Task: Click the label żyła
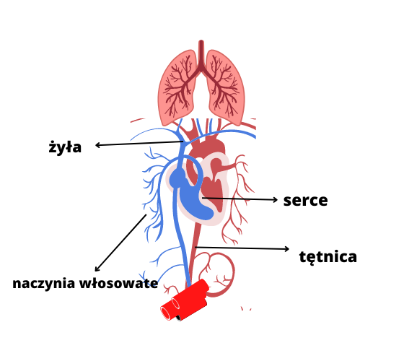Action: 65,147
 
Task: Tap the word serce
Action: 305,201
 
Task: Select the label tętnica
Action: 328,257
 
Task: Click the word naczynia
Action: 44,284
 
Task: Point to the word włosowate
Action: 118,283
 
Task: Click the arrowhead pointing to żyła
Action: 97,145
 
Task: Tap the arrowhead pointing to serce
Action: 275,199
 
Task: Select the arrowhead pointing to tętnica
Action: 287,249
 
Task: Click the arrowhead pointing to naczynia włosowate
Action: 97,269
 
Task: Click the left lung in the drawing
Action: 177,87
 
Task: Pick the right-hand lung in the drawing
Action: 226,87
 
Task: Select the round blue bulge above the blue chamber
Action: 177,178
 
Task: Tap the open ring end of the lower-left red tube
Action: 166,313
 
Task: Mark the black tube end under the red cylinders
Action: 179,318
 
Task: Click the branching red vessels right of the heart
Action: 238,199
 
